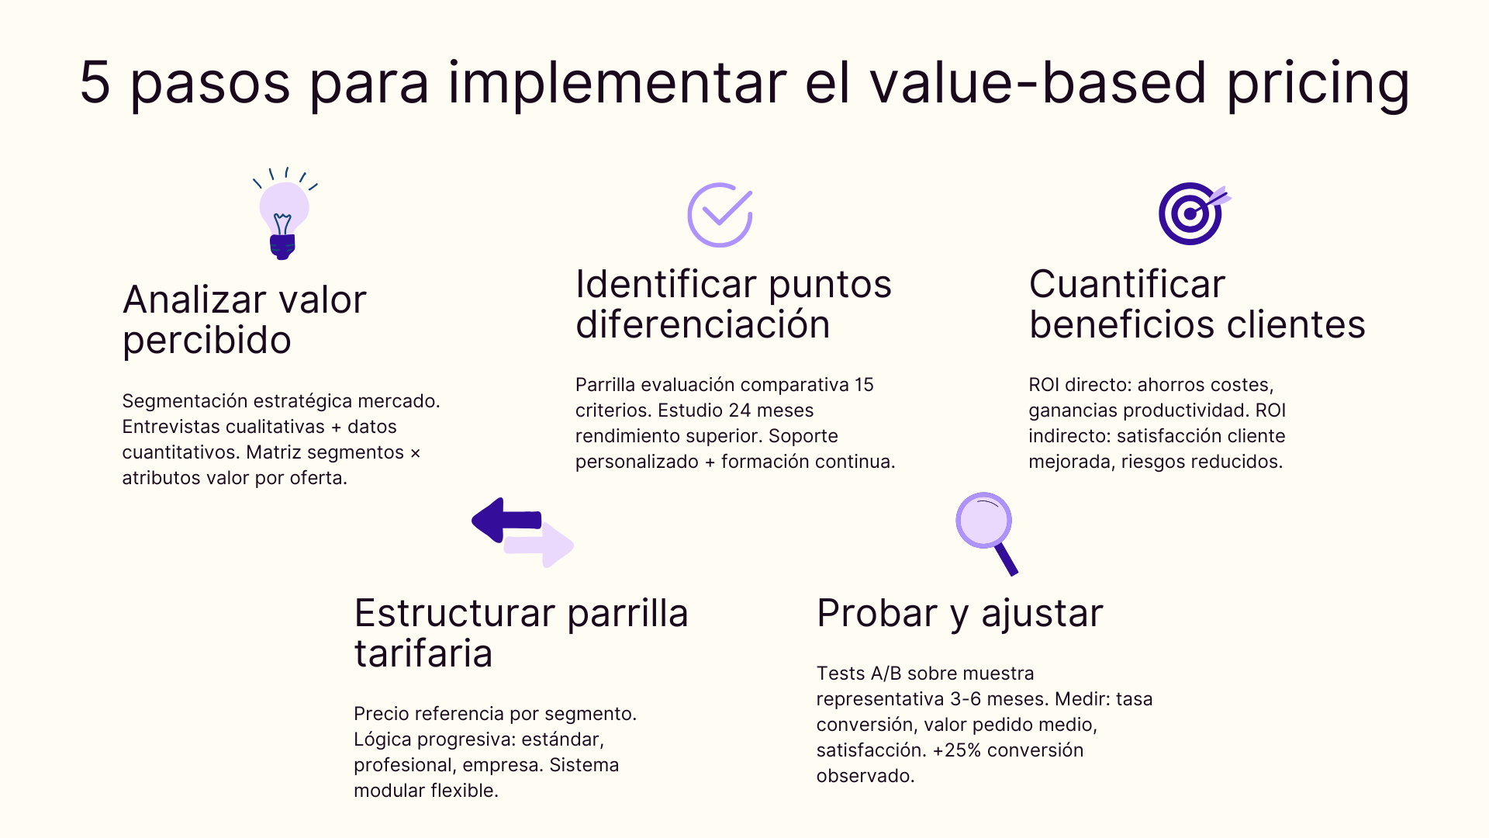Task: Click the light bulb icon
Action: click(284, 216)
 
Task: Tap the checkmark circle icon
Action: click(720, 215)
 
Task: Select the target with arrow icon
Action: click(1191, 213)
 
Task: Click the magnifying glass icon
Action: click(986, 532)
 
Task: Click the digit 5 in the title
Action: click(95, 82)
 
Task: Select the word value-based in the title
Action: click(1038, 82)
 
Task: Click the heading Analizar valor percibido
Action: click(244, 320)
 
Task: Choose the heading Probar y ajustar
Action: click(959, 613)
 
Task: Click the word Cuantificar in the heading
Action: click(1127, 284)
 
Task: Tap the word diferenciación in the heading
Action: click(703, 324)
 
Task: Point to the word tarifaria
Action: click(423, 653)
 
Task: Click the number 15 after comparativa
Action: click(864, 385)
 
